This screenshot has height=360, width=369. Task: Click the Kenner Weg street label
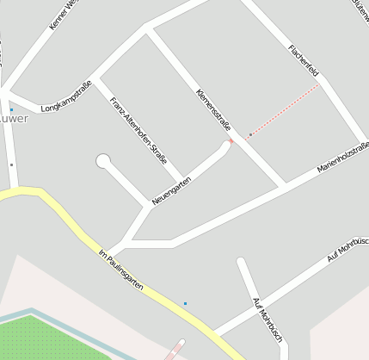(64, 15)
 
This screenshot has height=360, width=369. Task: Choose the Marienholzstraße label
(342, 157)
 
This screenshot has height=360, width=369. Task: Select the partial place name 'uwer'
(14, 119)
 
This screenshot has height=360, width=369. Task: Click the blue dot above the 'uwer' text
(11, 109)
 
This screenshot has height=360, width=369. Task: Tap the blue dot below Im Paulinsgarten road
(185, 303)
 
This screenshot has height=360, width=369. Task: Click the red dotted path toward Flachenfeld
(284, 110)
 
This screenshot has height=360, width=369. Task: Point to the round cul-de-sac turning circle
(103, 161)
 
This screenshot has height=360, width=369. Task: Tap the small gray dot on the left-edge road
(11, 164)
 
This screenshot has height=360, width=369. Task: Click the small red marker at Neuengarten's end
(231, 141)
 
